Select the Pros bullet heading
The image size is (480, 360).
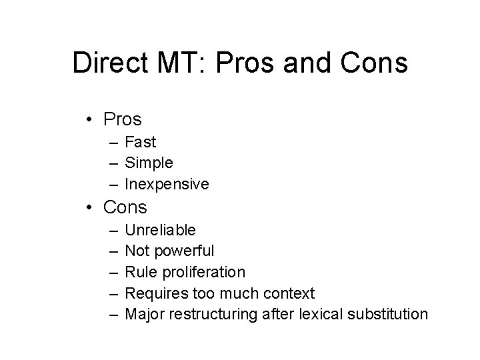coord(123,120)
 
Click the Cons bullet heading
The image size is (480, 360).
coord(125,207)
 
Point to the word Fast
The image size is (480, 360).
coord(140,142)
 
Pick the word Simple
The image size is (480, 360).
coord(149,163)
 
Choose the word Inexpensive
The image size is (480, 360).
coord(167,183)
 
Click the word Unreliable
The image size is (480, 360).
coord(160,230)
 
